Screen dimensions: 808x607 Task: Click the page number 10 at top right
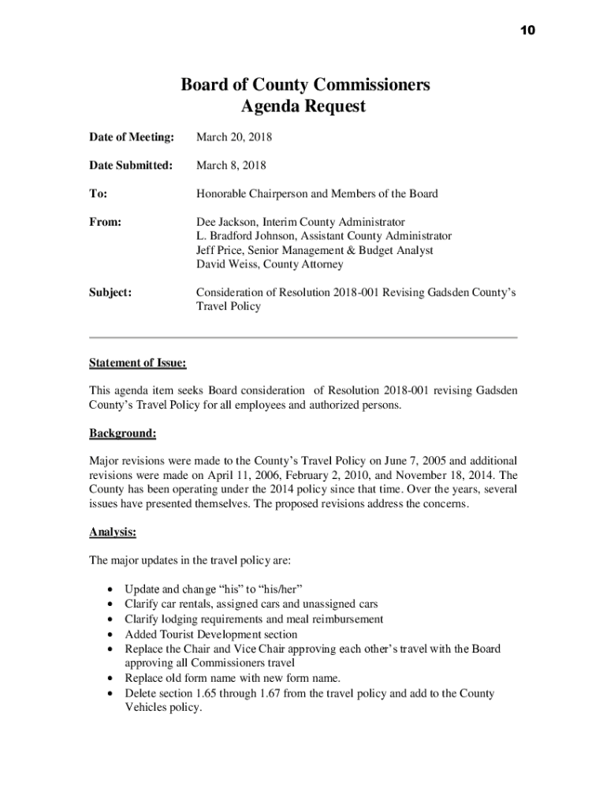click(527, 30)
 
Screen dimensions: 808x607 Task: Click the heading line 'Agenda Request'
click(304, 107)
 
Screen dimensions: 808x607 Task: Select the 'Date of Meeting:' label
click(131, 137)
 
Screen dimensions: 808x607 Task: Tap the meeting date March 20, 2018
click(234, 137)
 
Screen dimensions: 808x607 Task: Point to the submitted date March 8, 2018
click(231, 166)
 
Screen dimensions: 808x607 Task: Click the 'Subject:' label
click(110, 293)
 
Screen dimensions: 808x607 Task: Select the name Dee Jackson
click(226, 223)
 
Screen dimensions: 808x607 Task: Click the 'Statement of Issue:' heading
click(138, 363)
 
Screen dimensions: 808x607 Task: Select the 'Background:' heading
click(122, 433)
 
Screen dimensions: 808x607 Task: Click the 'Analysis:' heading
click(113, 533)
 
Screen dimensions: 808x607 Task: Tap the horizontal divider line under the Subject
click(303, 337)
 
